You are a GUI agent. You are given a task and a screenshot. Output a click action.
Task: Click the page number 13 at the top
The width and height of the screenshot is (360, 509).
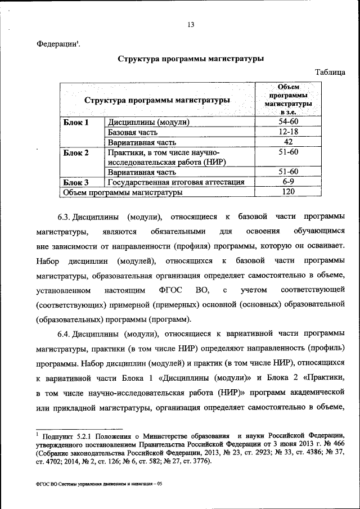(191, 25)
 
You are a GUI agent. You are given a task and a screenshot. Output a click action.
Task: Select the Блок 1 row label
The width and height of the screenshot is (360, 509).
(75, 122)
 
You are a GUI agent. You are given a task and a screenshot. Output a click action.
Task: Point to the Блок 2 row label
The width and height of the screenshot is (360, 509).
(76, 152)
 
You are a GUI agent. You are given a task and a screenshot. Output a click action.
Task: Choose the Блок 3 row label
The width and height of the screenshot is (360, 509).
(76, 182)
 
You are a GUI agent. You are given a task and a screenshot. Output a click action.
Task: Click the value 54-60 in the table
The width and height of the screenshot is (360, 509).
(288, 122)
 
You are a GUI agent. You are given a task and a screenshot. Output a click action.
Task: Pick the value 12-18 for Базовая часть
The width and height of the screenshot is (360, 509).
(288, 132)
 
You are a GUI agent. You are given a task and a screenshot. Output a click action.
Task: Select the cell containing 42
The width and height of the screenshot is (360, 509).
(288, 142)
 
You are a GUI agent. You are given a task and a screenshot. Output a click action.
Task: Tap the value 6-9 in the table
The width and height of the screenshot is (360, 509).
(288, 182)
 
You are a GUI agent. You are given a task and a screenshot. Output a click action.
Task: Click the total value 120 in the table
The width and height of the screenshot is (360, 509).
(288, 192)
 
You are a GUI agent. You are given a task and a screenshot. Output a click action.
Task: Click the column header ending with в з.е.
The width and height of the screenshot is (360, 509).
(288, 100)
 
